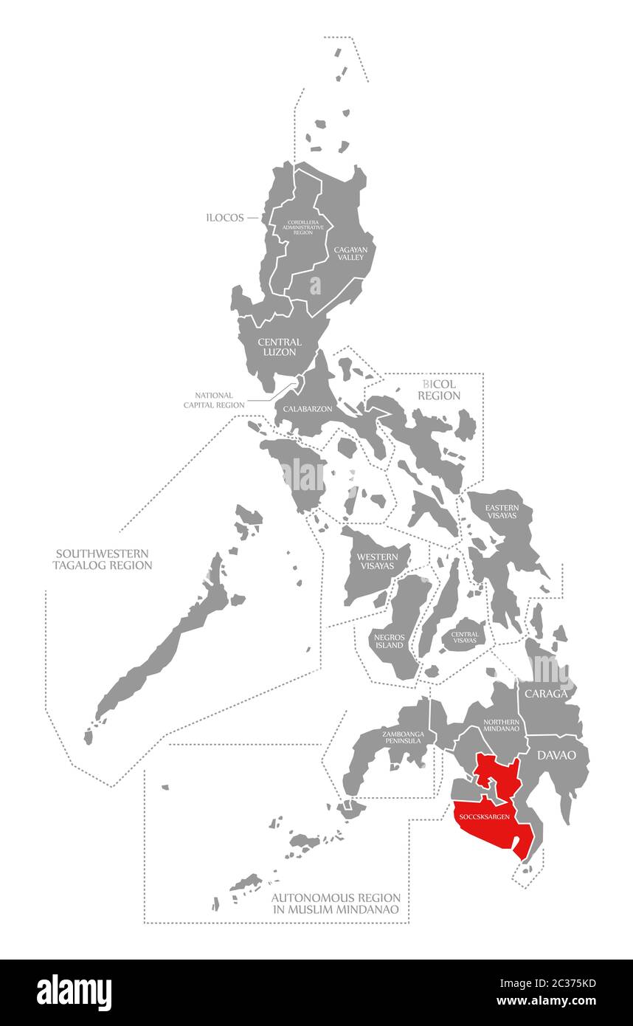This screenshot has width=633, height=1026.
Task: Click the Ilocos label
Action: tap(225, 218)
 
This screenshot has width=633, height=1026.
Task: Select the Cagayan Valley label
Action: tap(350, 254)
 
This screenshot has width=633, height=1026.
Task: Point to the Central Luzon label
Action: tap(280, 347)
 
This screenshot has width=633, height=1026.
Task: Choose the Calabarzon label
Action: tap(308, 408)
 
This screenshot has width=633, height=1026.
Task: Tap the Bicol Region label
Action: tap(439, 390)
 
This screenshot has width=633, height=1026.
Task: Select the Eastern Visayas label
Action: tap(502, 512)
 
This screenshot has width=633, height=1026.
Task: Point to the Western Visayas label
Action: tap(377, 561)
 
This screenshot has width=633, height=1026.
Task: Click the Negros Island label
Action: tap(389, 640)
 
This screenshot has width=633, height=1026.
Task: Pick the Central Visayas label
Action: tap(465, 637)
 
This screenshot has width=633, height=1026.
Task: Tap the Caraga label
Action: tap(546, 694)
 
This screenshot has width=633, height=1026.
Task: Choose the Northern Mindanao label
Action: tap(502, 725)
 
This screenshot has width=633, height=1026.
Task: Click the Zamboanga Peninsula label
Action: tap(402, 737)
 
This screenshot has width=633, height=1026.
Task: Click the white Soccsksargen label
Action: tap(484, 816)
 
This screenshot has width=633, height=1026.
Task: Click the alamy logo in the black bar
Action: tap(74, 992)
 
